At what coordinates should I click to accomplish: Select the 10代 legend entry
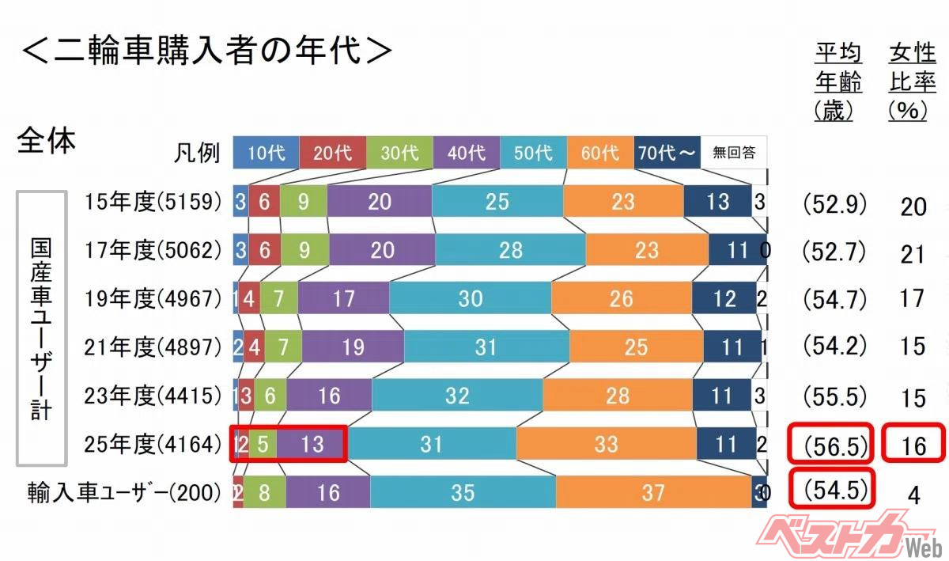point(266,153)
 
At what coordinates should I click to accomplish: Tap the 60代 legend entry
point(600,153)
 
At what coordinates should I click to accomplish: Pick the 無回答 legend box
point(733,153)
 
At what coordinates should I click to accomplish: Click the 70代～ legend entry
point(667,153)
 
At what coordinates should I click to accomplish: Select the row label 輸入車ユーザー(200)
point(122,493)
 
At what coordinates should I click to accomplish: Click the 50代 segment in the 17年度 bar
point(511,251)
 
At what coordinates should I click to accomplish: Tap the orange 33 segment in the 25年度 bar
point(606,444)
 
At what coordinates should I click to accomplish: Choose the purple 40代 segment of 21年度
point(353,347)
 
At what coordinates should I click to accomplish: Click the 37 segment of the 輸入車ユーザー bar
point(653,493)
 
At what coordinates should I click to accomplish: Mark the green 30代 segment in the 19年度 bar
point(279,299)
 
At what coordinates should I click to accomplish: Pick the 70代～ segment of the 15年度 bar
point(717,203)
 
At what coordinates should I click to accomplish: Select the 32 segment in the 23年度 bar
point(457,396)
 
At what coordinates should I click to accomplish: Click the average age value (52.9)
point(834,204)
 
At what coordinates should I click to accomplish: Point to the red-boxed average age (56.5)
point(831,445)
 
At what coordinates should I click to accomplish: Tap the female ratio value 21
point(913,253)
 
